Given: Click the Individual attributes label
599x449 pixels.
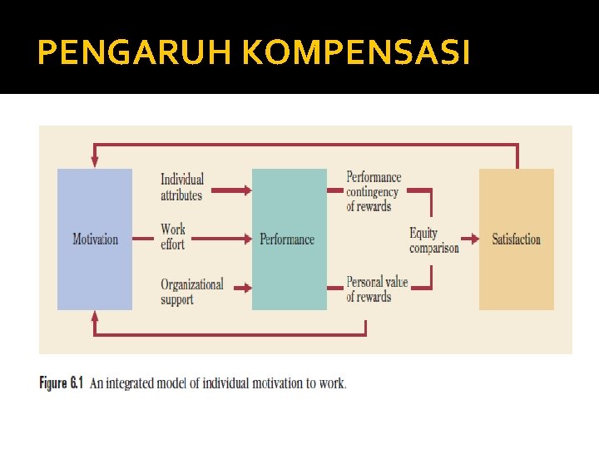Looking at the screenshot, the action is point(181,187).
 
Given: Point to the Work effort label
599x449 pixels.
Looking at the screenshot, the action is point(173,237).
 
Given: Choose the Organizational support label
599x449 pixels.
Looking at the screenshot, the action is point(191,291).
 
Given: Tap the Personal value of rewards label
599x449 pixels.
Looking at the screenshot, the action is point(376,289).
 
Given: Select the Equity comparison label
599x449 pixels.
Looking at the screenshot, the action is point(433,240).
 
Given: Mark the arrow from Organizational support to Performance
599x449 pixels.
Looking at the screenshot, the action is point(241,289).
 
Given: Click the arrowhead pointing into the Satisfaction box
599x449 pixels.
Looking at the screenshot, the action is point(476,239).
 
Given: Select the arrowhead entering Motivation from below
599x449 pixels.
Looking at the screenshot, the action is point(95,317).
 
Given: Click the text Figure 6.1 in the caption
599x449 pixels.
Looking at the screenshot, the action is point(62,383).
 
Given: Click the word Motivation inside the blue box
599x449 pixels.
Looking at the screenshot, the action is point(95,239).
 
